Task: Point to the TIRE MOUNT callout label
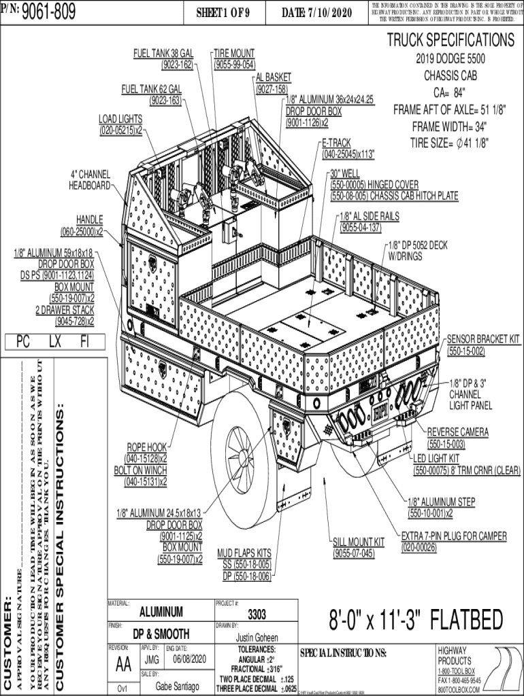point(234,53)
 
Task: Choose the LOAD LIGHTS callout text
point(120,120)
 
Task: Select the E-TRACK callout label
point(336,143)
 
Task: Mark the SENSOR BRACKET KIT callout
point(483,338)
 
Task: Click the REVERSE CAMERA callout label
point(458,432)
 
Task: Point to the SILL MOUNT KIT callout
point(359,542)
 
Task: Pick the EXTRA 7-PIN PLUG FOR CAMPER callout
point(454,536)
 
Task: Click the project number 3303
point(257,615)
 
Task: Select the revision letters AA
point(124,663)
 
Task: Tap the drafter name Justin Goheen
point(257,638)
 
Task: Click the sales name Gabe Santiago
point(178,686)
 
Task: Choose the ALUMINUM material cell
point(161,611)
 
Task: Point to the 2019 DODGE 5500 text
point(450,59)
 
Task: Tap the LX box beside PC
point(55,341)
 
